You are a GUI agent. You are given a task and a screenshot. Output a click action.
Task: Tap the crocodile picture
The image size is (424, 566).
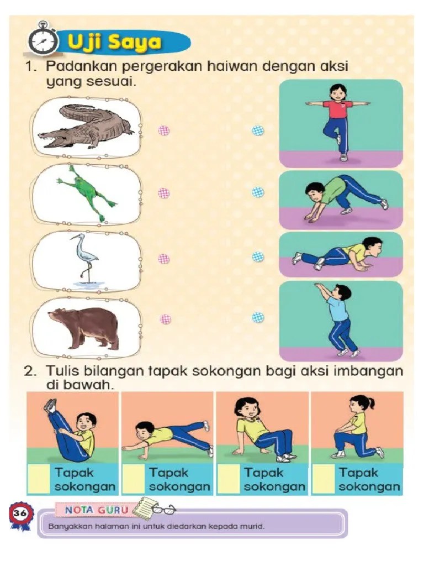click(x=86, y=128)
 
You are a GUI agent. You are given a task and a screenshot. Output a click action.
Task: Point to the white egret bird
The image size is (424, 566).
click(x=85, y=259)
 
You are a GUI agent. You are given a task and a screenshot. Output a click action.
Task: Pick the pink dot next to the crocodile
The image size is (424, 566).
click(x=163, y=130)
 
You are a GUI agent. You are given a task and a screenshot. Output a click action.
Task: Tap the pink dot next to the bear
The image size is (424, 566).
click(x=165, y=319)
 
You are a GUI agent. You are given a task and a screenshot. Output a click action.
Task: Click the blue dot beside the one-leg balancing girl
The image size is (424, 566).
click(x=258, y=130)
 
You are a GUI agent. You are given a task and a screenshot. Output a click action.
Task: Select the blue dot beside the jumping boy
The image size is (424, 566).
click(x=258, y=317)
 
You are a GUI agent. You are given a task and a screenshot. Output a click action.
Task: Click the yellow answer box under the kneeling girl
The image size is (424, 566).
click(x=324, y=479)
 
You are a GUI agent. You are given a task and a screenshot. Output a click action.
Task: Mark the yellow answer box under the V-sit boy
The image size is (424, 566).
click(x=39, y=479)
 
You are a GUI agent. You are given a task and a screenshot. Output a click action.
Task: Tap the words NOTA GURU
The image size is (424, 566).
click(x=96, y=510)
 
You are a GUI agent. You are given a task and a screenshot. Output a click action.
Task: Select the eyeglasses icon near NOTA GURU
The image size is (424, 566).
click(x=163, y=509)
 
